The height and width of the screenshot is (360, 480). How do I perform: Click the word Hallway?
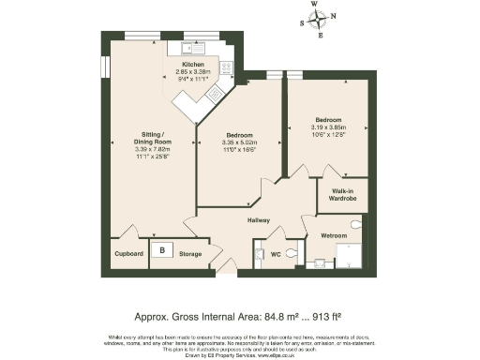[258, 219]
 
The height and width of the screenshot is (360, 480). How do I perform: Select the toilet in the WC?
[291, 253]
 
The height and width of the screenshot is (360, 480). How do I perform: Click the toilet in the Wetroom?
[355, 224]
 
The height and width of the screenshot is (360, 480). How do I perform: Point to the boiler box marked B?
[162, 250]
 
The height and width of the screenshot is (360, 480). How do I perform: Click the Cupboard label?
[128, 254]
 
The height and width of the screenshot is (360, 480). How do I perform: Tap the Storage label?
[190, 254]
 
